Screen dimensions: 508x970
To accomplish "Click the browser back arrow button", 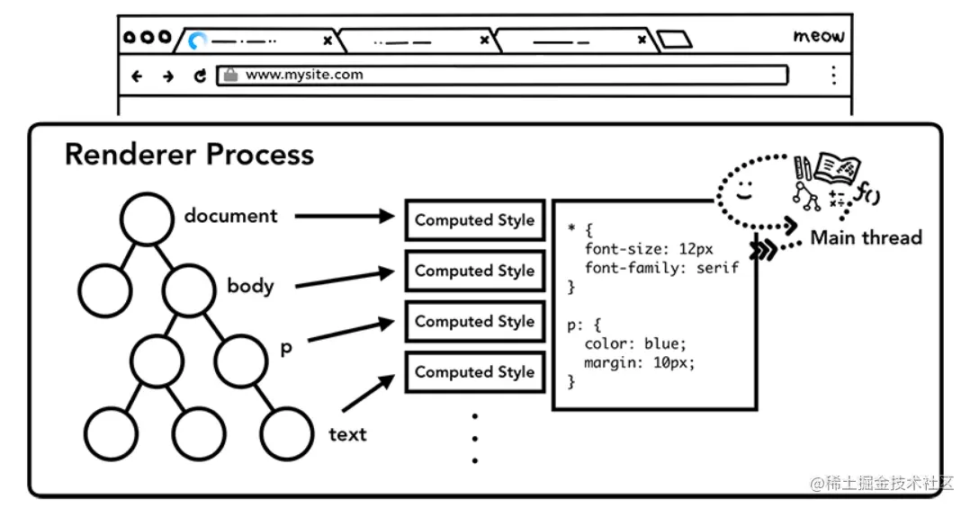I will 137,76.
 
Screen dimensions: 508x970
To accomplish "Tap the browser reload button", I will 200,76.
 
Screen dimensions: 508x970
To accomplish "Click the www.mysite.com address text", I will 304,75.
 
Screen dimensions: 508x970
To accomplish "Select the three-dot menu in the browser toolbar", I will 834,75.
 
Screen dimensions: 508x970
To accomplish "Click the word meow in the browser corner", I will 818,37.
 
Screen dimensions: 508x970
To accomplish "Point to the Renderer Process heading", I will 189,154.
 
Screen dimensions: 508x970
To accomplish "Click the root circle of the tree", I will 147,218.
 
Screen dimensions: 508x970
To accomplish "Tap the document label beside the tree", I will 231,216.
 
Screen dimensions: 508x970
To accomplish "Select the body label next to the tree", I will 250,286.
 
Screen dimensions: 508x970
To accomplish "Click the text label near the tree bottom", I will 347,435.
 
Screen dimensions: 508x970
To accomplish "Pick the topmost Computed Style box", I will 474,220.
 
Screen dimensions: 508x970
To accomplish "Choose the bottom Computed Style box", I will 474,372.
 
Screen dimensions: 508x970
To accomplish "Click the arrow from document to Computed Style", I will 346,216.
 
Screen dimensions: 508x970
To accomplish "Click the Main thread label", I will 866,238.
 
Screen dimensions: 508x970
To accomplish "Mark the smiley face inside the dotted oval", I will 743,191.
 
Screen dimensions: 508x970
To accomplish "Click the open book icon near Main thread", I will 836,169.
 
